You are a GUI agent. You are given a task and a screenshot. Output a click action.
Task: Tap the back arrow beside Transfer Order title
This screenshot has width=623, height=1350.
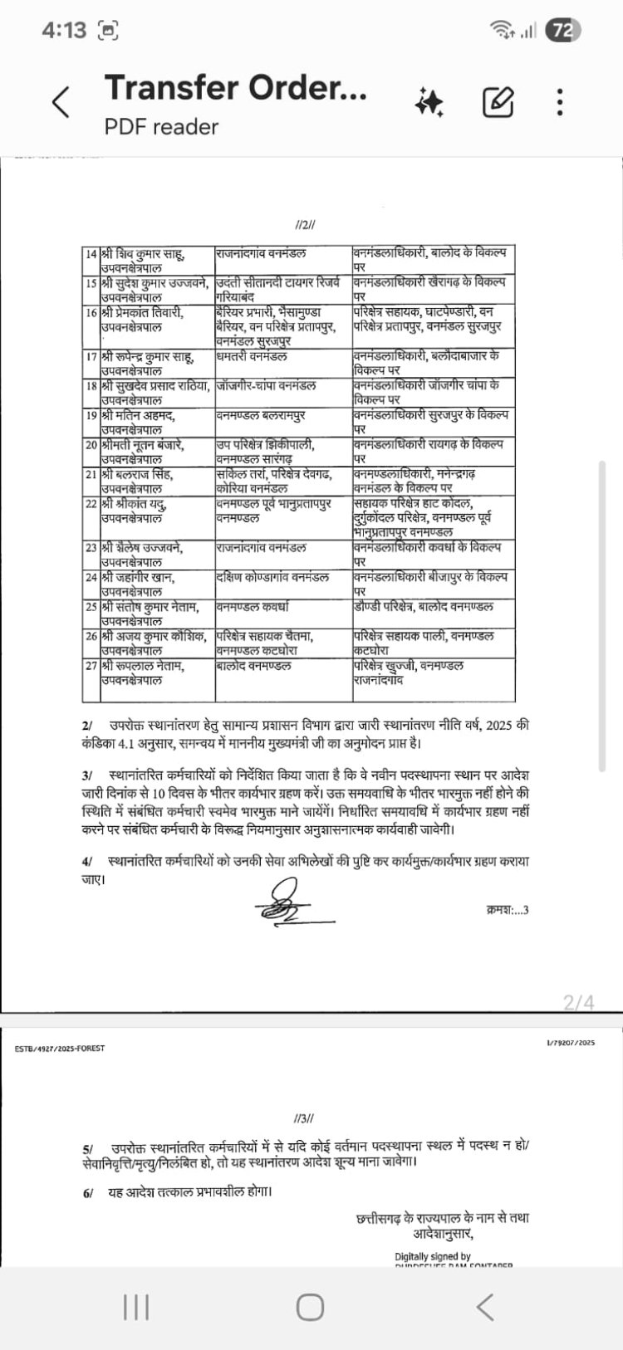[61, 102]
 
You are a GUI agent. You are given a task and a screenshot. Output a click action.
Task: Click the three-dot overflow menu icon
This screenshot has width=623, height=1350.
[561, 102]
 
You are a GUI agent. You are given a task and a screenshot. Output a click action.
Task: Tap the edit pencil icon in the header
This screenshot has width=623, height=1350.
[498, 102]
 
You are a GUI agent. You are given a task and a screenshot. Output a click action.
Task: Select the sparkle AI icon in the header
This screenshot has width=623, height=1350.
[429, 102]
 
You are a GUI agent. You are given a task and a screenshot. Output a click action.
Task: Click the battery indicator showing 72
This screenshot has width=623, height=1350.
[562, 31]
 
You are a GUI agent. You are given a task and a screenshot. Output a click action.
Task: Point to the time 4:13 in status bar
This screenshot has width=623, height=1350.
[64, 31]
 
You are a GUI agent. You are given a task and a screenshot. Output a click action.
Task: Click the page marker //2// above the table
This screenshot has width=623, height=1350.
[305, 225]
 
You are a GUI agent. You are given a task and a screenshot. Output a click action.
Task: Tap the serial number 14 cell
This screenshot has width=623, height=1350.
[91, 252]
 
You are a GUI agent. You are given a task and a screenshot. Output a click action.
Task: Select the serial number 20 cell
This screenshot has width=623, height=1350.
[91, 444]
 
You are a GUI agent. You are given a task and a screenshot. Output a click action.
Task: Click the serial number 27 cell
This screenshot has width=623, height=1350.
[91, 666]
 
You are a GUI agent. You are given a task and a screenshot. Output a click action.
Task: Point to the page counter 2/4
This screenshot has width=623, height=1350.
[579, 1002]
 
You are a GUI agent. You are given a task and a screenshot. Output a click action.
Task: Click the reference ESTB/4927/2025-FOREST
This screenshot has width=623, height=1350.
[60, 1049]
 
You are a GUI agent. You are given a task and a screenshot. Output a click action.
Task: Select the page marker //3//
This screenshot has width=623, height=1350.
[304, 1118]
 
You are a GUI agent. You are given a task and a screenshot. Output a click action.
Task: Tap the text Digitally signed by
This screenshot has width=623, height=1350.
[432, 1256]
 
